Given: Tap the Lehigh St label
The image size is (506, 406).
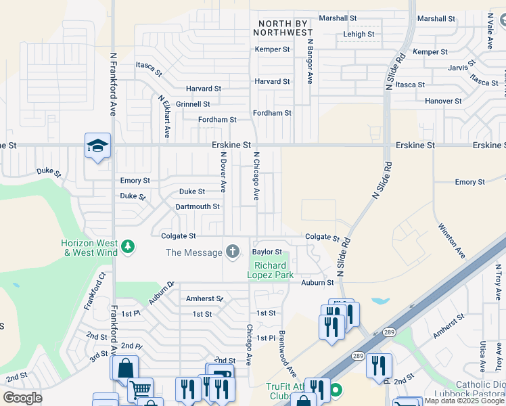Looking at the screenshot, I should click(x=359, y=34).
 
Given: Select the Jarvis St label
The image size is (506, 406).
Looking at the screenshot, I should click(x=463, y=68).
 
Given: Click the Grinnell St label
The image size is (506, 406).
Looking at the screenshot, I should click(x=193, y=104).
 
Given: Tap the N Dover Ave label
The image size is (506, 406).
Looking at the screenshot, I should click(x=223, y=171).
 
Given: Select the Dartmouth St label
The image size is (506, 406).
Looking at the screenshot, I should click(x=198, y=206).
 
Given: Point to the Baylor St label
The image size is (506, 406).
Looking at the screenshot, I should click(x=267, y=252).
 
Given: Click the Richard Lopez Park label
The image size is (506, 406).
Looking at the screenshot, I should click(x=270, y=271).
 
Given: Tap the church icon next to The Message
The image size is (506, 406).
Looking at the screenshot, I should click(x=233, y=252).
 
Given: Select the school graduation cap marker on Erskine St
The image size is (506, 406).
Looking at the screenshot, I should click(x=97, y=145).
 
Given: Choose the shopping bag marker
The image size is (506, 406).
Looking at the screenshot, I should click(x=125, y=369).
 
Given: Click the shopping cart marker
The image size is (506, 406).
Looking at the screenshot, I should click(x=141, y=389).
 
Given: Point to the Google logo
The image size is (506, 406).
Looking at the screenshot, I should click(x=23, y=398).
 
